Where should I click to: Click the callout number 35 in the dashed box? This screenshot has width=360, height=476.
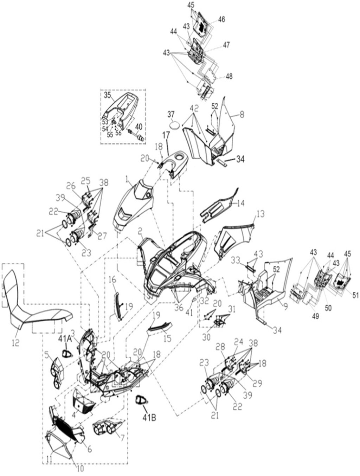(x=107, y=95)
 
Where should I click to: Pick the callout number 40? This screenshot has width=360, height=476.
(x=139, y=126)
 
